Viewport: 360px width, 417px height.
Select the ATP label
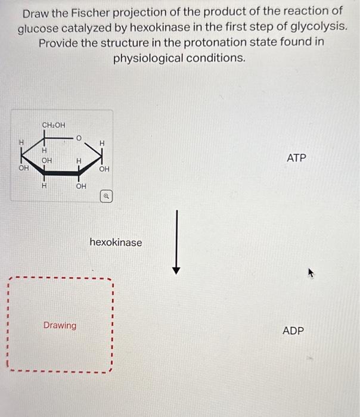point(296,158)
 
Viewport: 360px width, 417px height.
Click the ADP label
point(293,331)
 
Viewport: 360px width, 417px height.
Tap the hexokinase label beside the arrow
point(116,242)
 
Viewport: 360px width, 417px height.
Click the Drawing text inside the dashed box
point(60,325)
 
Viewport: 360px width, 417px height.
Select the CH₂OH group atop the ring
point(54,124)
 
